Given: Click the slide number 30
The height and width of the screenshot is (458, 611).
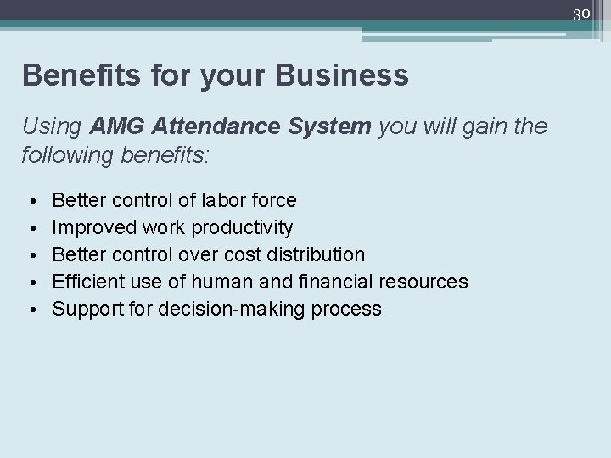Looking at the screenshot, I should [581, 14].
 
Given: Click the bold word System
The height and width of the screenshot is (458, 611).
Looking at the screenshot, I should [328, 127].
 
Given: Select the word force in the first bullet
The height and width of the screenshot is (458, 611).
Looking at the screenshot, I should [273, 201].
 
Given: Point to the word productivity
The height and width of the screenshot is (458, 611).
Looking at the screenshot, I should [243, 228].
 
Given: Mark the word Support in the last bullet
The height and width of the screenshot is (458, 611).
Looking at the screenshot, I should [87, 309].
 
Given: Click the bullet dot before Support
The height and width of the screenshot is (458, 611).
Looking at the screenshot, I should [31, 309].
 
